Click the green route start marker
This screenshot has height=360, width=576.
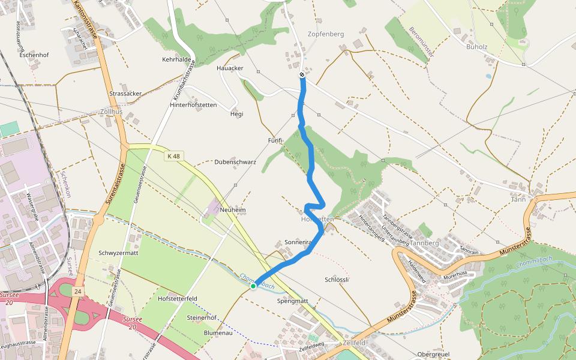pos(253,286)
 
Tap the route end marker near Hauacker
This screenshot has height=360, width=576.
pos(302,75)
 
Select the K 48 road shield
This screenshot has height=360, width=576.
pos(173,156)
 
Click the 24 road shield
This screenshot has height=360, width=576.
pos(77,291)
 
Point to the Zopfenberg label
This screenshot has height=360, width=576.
pos(326,34)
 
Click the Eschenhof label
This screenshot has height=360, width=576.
pos(34,55)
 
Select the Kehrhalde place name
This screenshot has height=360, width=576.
pos(176,60)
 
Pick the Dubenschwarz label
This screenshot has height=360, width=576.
pos(235,162)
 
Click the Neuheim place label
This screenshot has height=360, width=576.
pos(233,210)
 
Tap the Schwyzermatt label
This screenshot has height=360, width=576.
pos(119,253)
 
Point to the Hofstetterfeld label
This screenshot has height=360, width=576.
pos(178,298)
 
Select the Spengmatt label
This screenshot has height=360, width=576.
pos(293,301)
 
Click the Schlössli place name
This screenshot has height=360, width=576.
pos(337,280)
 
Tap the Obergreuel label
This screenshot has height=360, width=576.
pos(433,355)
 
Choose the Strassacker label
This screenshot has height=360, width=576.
pos(126,94)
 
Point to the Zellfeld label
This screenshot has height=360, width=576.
pos(355,343)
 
